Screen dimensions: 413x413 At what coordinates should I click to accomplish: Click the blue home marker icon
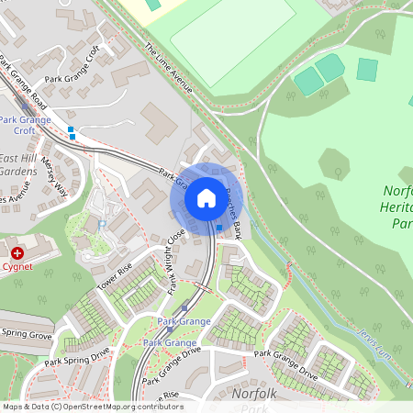206,197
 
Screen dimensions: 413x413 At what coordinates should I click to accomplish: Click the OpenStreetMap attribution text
92,407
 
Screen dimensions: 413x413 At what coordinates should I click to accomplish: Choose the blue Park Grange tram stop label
184,321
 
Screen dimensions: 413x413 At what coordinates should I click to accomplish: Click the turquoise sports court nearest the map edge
368,69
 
